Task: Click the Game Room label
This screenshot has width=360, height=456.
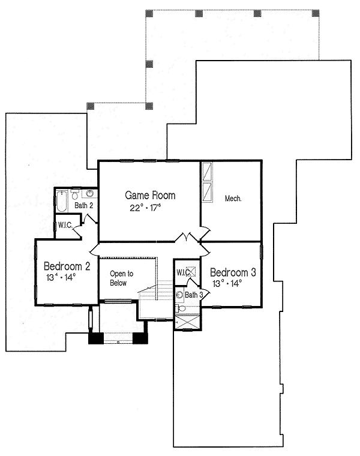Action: tap(150, 195)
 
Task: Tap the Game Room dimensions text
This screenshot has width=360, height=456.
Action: tap(146, 208)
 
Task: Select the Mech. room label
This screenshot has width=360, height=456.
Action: tap(233, 199)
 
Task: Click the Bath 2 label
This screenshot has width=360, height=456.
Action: tap(83, 205)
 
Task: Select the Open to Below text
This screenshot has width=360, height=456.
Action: tap(121, 277)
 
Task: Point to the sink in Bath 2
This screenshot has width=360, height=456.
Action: tap(90, 193)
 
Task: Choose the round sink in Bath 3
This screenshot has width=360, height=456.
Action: tap(179, 295)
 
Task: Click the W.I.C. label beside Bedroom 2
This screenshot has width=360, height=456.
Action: tap(65, 226)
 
